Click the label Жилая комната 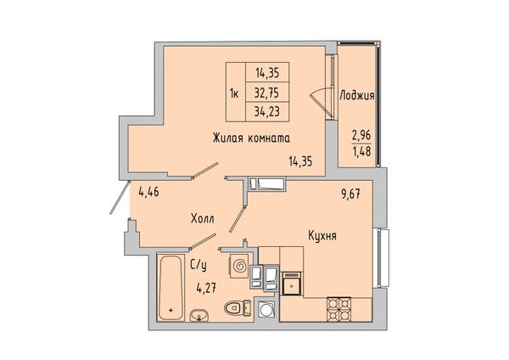pyautogui.click(x=251, y=138)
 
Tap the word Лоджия pyautogui.click(x=357, y=96)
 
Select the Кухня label pyautogui.click(x=322, y=235)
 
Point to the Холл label pyautogui.click(x=202, y=219)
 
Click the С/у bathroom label pyautogui.click(x=199, y=266)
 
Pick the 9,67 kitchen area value pyautogui.click(x=351, y=195)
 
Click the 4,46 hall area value pyautogui.click(x=148, y=193)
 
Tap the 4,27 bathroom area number pyautogui.click(x=206, y=288)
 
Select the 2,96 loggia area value pyautogui.click(x=361, y=135)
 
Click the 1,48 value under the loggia pyautogui.click(x=361, y=151)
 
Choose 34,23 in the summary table pyautogui.click(x=267, y=112)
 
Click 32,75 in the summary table pyautogui.click(x=266, y=93)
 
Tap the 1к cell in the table pyautogui.click(x=234, y=94)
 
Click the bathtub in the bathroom pyautogui.click(x=170, y=288)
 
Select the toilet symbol pyautogui.click(x=237, y=307)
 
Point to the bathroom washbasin pyautogui.click(x=199, y=315)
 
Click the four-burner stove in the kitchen pyautogui.click(x=338, y=309)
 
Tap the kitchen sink pyautogui.click(x=292, y=284)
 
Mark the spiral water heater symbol pyautogui.click(x=239, y=267)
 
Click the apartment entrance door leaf pyautogui.click(x=120, y=197)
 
